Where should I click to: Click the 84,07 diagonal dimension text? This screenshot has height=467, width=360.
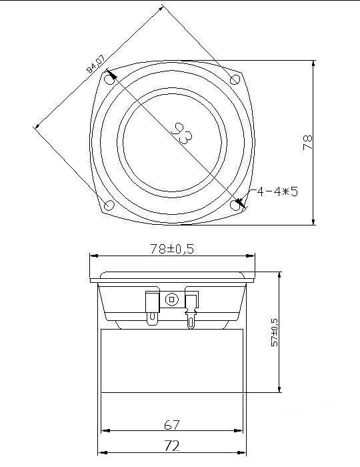95,64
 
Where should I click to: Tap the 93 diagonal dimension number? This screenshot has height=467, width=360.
182,133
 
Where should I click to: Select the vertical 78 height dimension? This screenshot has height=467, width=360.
307,142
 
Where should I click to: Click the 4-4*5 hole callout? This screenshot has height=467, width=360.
277,191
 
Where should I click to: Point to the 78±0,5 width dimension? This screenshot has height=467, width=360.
172,249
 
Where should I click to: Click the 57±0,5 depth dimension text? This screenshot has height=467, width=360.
274,332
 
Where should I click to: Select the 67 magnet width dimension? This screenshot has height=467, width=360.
172,425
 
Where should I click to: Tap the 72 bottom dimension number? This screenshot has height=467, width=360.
172,446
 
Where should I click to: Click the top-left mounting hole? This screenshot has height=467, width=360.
109,79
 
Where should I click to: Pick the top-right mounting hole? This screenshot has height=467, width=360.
235,79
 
